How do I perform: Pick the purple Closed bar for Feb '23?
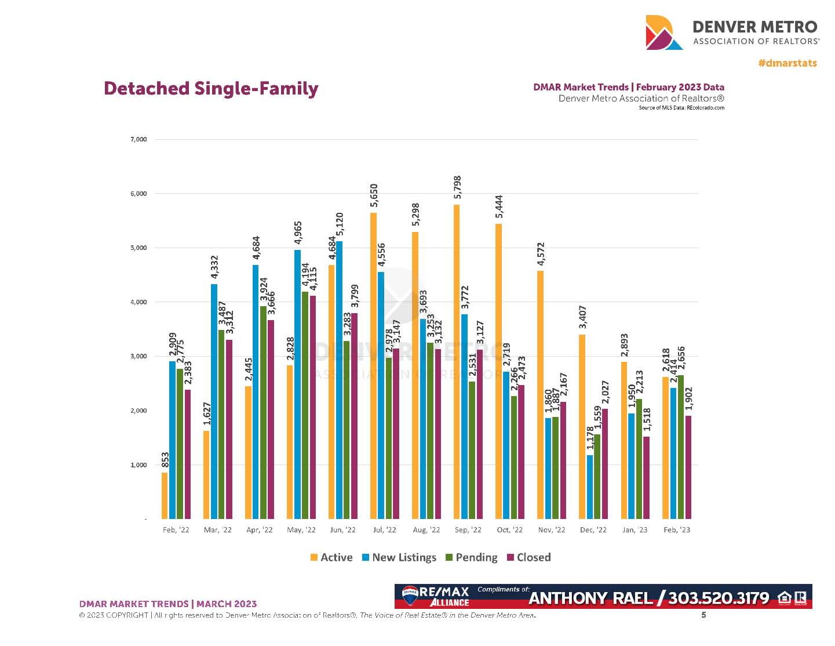688,467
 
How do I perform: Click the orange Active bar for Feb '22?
165,495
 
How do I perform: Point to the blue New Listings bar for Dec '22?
590,487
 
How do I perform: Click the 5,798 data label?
458,188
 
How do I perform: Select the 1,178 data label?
590,438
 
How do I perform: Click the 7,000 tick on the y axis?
138,140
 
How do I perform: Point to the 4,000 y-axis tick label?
138,302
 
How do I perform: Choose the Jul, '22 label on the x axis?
384,530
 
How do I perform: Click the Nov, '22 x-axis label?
551,530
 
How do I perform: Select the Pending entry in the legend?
471,557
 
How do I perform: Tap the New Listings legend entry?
399,557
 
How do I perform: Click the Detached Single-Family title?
211,89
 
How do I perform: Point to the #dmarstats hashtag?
787,63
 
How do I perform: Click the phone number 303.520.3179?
719,598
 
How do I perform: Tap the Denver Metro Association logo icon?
663,32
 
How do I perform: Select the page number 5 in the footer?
704,615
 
